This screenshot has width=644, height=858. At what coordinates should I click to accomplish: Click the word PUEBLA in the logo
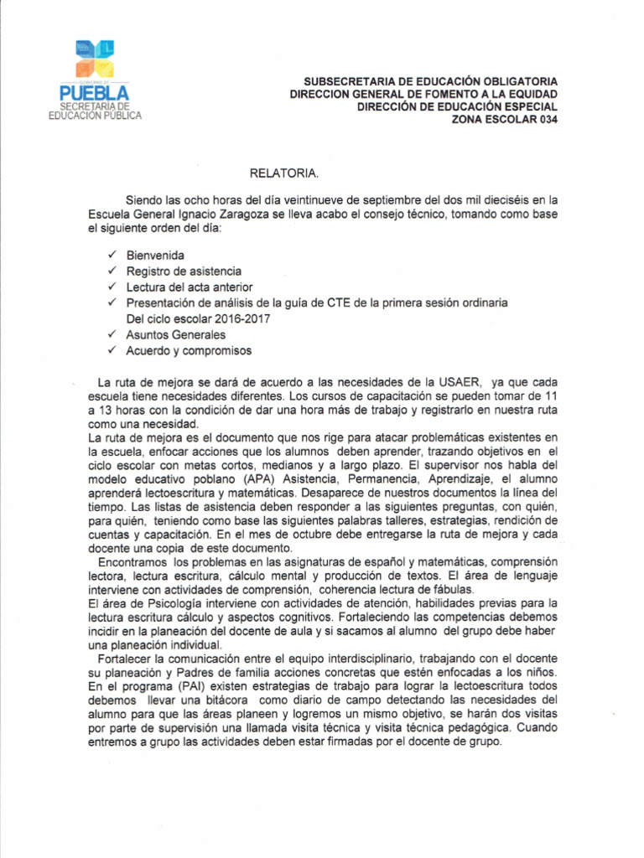[95, 92]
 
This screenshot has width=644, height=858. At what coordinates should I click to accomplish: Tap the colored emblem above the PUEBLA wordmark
[95, 58]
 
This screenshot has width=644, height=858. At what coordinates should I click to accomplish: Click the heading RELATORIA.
[284, 173]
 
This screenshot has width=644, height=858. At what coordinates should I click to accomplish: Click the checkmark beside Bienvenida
[112, 255]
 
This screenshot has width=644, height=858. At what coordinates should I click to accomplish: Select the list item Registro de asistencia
[184, 271]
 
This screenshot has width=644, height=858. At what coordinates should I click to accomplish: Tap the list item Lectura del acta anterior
[190, 287]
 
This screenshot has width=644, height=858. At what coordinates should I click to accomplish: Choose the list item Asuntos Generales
[176, 334]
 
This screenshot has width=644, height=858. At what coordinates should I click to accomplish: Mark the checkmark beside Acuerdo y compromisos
[112, 350]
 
